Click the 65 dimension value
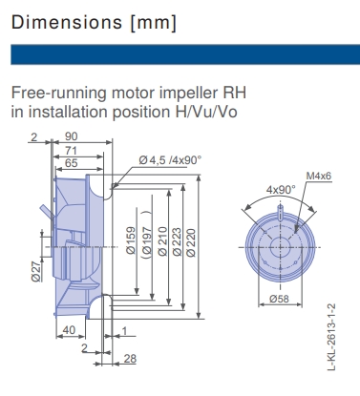71,164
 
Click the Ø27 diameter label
35,273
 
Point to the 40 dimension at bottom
67,330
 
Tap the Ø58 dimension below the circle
278,299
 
